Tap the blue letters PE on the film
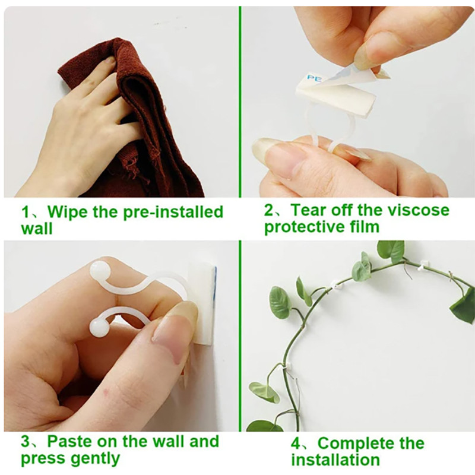(x=314, y=79)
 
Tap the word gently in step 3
(x=95, y=459)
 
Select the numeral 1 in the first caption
(x=25, y=212)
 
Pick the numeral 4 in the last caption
(x=296, y=444)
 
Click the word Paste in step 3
(x=68, y=441)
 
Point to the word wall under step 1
(x=37, y=228)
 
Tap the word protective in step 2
(x=304, y=227)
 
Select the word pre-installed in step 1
(x=173, y=212)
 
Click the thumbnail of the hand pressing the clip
(x=121, y=335)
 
